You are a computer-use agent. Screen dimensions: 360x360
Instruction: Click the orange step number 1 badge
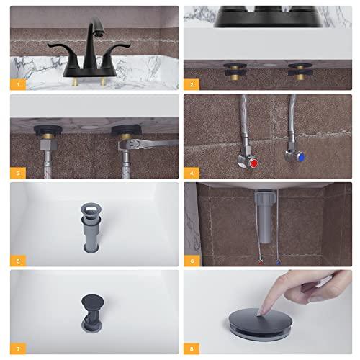pos(17,84)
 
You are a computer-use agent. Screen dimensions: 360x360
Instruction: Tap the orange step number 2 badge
pos(192,84)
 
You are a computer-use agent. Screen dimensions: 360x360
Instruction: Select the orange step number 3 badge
pos(17,172)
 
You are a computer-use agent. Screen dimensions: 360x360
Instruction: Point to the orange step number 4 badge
pos(192,172)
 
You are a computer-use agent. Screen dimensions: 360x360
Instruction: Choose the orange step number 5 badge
pos(17,260)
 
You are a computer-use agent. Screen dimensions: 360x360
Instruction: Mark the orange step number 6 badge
pos(192,260)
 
